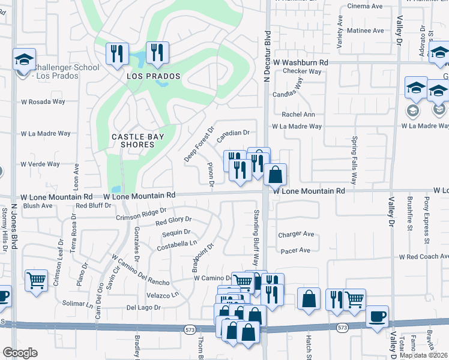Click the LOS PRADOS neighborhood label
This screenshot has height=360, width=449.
tap(145, 77)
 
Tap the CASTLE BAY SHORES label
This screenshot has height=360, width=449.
tap(138, 140)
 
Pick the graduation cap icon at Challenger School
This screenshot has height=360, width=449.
tap(25, 59)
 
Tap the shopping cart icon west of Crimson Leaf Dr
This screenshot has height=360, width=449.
tap(36, 280)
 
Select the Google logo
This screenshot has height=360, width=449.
tap(20, 352)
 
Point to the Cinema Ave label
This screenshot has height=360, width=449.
tap(366, 7)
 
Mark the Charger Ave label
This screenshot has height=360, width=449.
tap(296, 234)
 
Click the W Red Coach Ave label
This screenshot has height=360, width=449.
tap(424, 256)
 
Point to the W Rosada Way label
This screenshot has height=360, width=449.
tap(43, 101)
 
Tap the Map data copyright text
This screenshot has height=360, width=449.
tap(424, 355)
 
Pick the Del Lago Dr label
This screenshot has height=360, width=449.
tap(143, 307)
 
